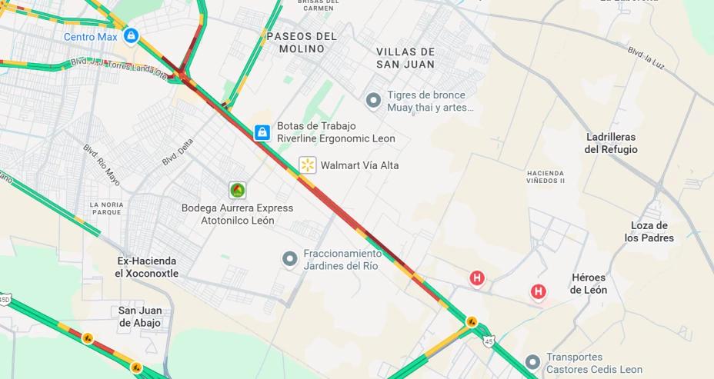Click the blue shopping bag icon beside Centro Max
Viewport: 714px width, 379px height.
tap(131, 35)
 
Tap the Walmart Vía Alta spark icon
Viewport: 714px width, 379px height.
tap(308, 165)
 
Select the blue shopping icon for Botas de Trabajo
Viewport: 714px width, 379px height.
tap(262, 132)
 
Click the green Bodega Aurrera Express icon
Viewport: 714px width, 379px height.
tap(237, 190)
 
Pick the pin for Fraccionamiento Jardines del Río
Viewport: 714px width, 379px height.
tap(289, 259)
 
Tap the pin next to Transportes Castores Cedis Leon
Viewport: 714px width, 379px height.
tap(532, 362)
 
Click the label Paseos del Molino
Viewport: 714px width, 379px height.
tap(302, 42)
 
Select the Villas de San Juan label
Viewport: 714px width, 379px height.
tap(405, 58)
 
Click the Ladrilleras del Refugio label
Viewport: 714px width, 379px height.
tap(611, 143)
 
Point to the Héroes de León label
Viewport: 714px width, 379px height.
tap(589, 284)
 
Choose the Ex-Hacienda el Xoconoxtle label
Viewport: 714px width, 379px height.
tap(147, 267)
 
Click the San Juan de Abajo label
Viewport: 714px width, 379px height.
tap(139, 317)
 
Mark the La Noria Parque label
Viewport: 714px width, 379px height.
tap(106, 208)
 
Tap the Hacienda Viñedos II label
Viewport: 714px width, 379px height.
tap(546, 177)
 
